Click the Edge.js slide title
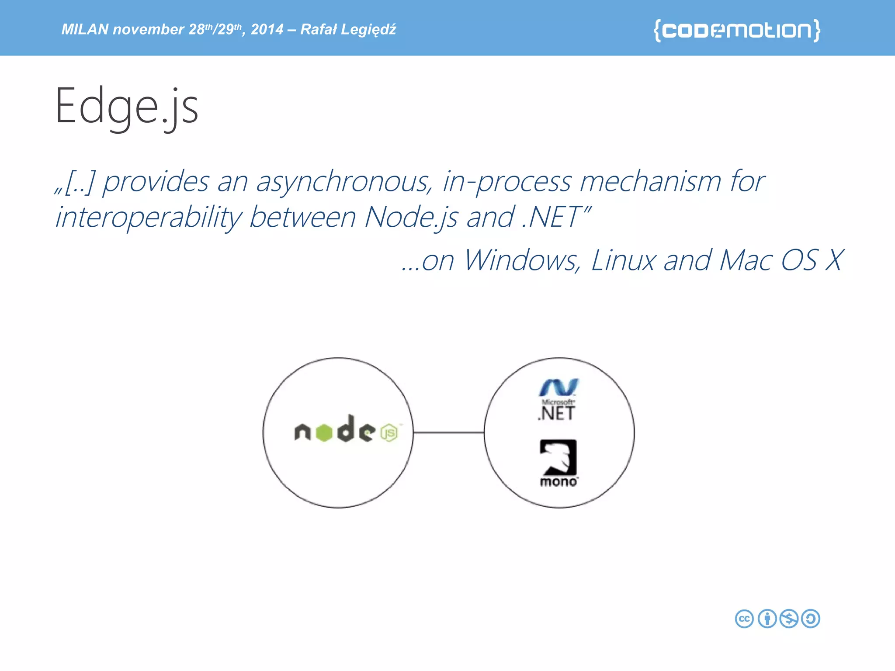click(x=127, y=107)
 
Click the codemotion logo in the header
click(x=737, y=30)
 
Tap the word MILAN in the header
click(x=85, y=29)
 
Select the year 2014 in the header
click(x=267, y=29)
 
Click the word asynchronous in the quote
click(x=344, y=182)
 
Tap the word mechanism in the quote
click(x=650, y=182)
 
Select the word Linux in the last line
click(x=623, y=260)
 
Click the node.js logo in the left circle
click(x=346, y=430)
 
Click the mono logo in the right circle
click(x=559, y=463)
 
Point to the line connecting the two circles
click(x=448, y=432)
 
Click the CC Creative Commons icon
click(x=744, y=619)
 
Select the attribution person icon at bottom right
click(x=767, y=619)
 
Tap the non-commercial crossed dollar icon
click(x=789, y=619)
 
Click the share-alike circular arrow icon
click(x=811, y=619)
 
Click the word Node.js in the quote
click(x=411, y=218)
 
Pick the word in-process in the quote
click(x=507, y=182)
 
